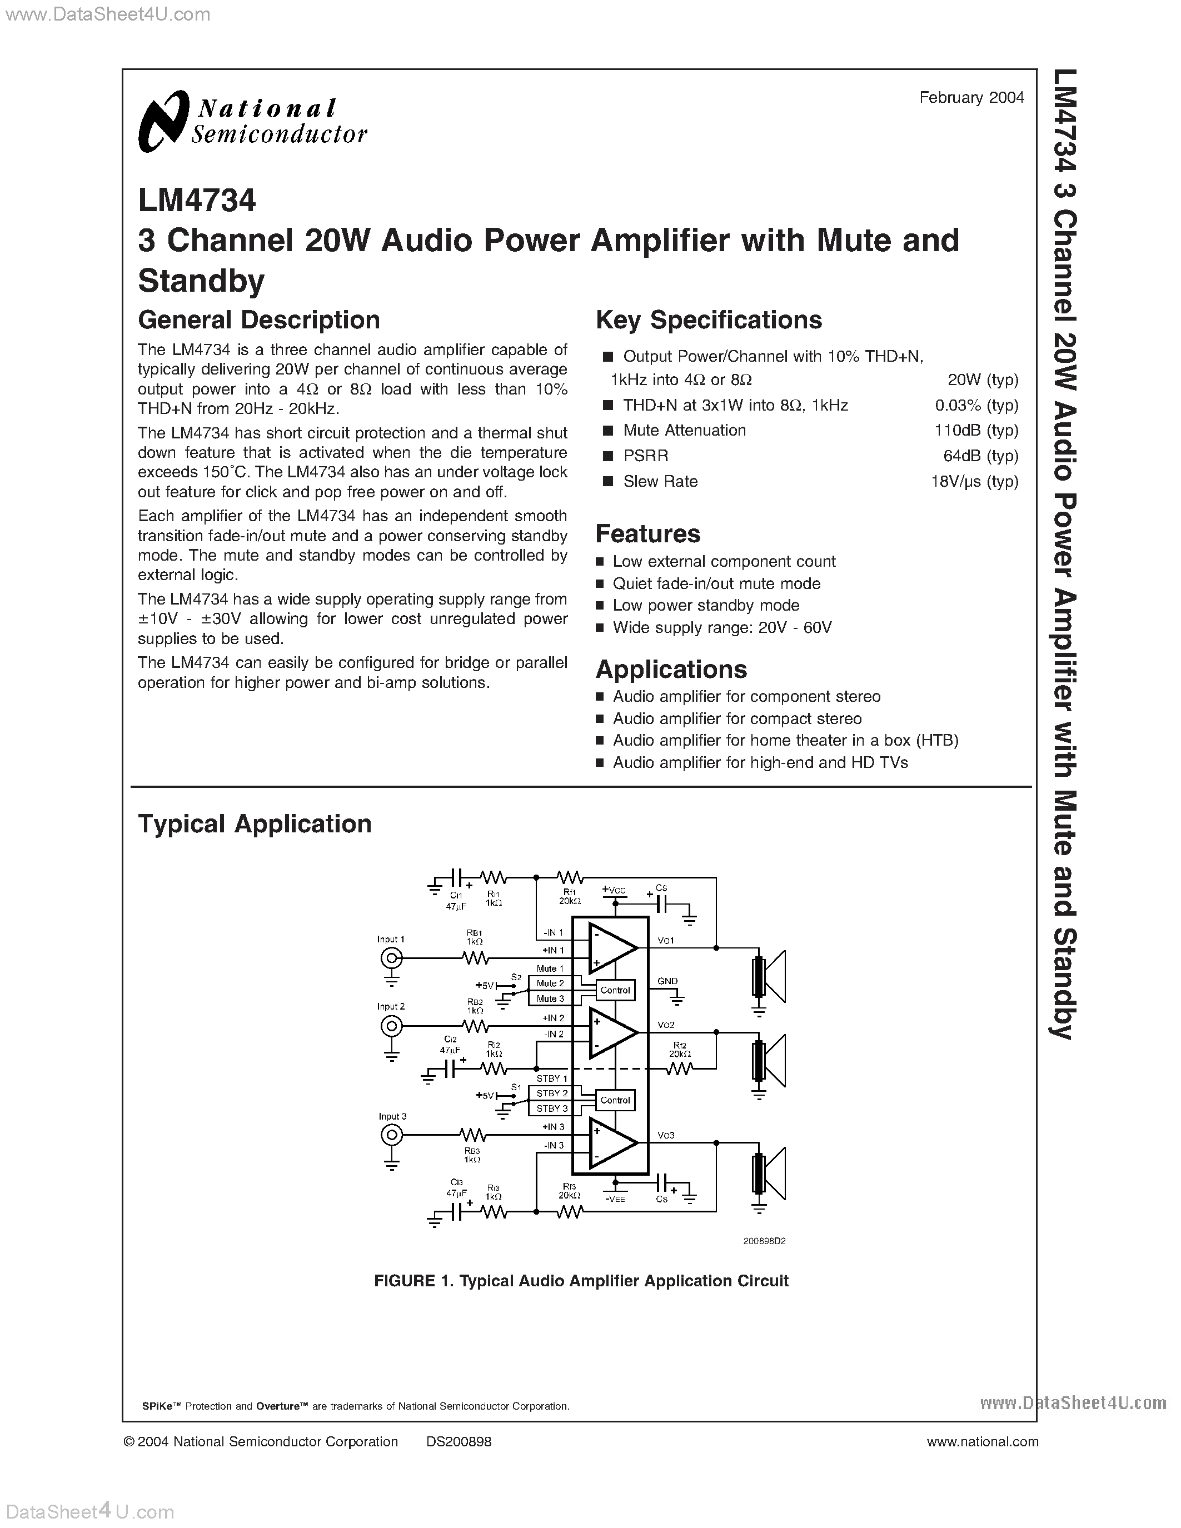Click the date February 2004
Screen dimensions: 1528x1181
971,98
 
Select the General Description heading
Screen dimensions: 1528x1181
259,319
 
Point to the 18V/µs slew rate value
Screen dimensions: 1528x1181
974,481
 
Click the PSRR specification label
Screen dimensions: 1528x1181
646,456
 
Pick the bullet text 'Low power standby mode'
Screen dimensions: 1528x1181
706,605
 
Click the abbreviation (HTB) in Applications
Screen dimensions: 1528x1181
937,740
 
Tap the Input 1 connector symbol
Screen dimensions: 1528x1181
391,958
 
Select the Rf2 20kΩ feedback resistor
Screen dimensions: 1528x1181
679,1068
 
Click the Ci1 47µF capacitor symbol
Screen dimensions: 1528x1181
456,877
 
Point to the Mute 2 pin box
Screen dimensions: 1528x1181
551,983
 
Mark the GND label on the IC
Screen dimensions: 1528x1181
667,981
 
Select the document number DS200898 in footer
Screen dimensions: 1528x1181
459,1441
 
